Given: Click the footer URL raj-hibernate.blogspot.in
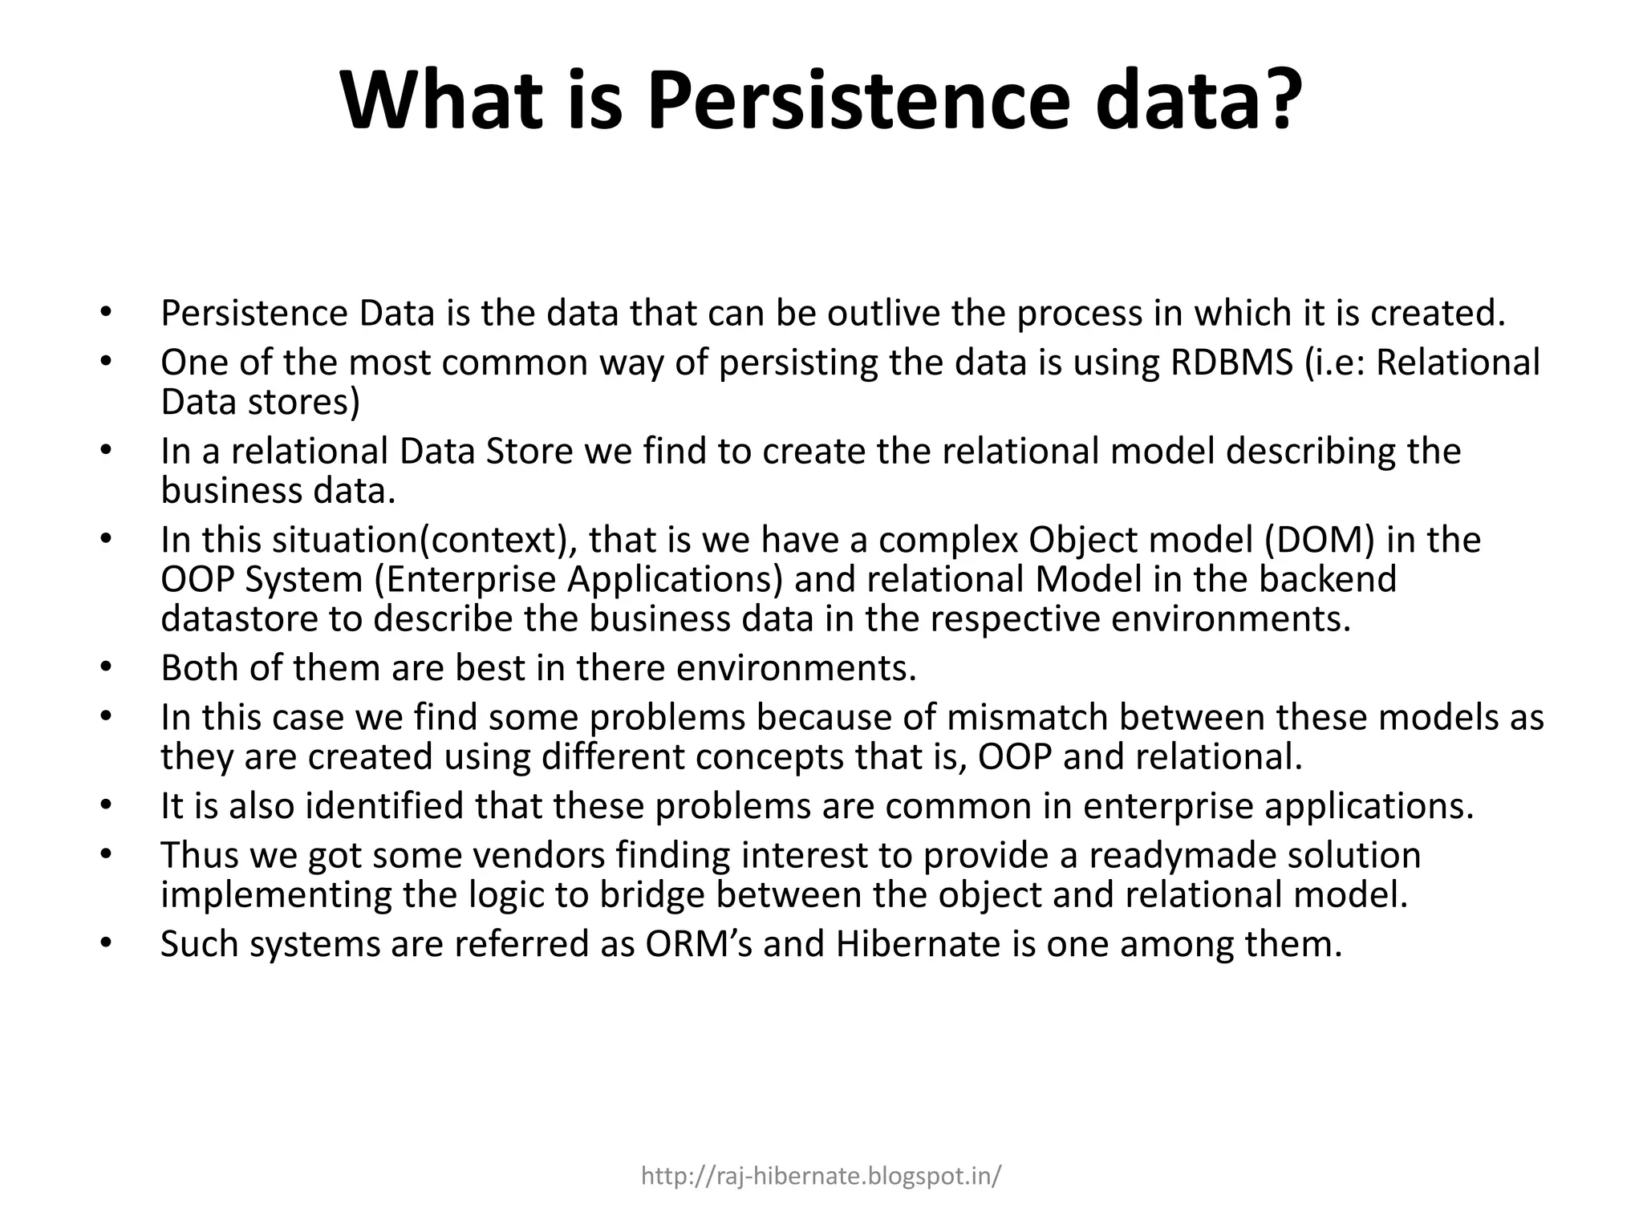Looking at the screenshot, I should click(821, 1177).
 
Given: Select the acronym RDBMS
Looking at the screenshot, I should click(1231, 363).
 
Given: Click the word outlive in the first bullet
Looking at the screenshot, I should click(883, 314).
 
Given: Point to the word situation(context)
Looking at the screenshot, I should click(424, 540).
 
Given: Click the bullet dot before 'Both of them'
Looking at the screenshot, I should click(105, 667).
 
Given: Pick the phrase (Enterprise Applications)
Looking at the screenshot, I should click(578, 579).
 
